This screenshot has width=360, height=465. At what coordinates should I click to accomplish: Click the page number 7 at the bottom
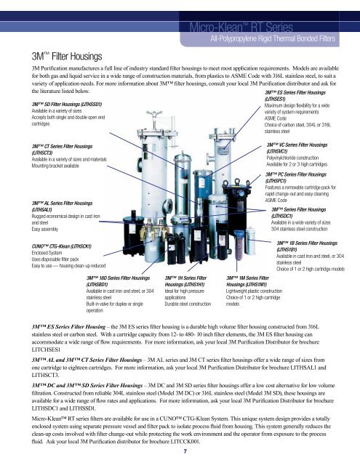[185, 451]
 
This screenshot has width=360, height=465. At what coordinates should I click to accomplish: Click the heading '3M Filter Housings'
[67, 57]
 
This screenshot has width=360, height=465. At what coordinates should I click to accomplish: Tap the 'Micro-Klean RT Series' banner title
[241, 28]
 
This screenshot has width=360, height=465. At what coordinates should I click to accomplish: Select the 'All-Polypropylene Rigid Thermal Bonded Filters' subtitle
[273, 39]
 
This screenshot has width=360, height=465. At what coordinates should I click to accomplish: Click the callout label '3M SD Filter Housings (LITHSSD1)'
[67, 105]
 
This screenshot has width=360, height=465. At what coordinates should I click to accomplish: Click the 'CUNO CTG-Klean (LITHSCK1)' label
[61, 246]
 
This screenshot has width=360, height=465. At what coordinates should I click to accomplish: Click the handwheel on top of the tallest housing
[154, 113]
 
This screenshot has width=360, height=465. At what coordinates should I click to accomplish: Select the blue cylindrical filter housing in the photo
[204, 185]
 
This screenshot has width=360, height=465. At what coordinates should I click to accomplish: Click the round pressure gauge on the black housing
[241, 193]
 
